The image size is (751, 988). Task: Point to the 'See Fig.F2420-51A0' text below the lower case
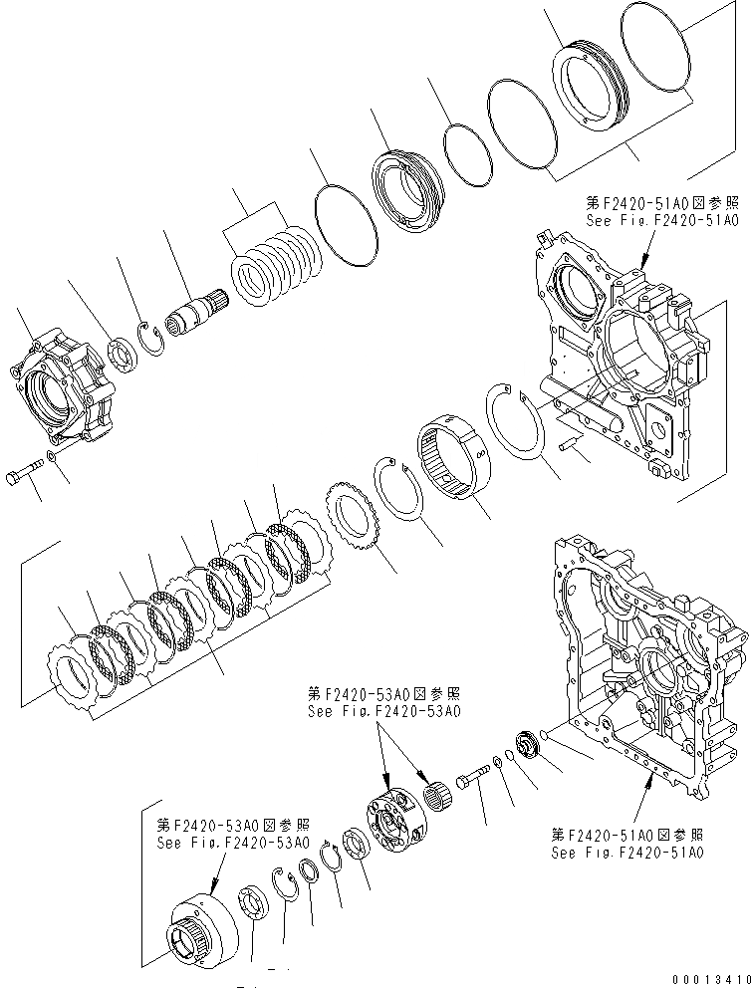(x=626, y=854)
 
